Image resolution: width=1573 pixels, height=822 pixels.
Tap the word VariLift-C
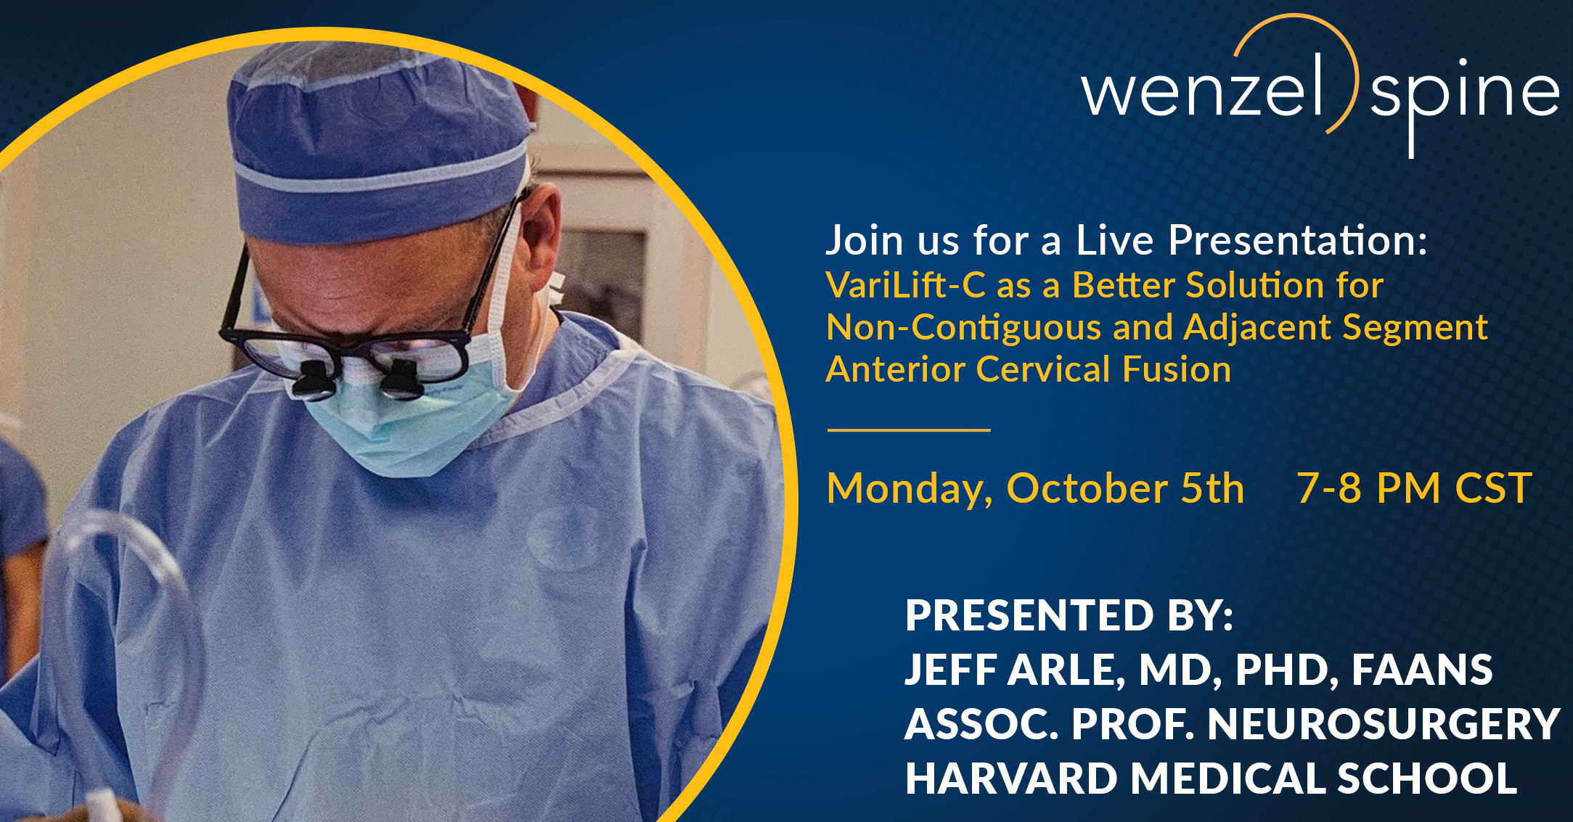point(906,285)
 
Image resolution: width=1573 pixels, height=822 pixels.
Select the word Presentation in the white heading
point(1297,240)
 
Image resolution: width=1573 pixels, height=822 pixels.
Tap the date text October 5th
point(1125,488)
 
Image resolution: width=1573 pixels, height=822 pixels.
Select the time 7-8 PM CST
point(1414,488)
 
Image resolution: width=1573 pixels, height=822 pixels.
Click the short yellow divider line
point(909,430)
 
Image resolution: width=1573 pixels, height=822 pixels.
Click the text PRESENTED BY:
point(1069,615)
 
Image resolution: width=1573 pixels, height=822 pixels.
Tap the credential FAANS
point(1422,670)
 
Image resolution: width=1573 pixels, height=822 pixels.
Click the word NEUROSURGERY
point(1384,724)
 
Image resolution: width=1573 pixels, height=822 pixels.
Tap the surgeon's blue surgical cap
point(377,138)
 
